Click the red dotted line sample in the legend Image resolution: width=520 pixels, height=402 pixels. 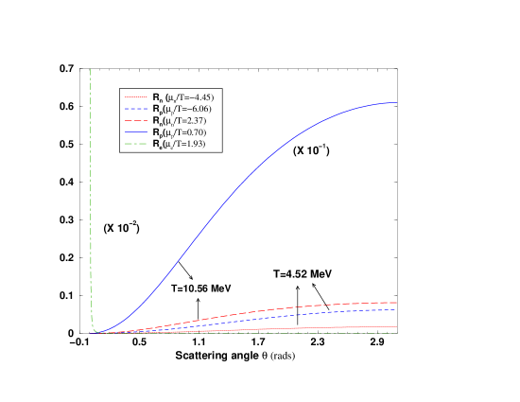(x=137, y=96)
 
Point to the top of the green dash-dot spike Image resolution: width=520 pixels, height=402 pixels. (x=91, y=69)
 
